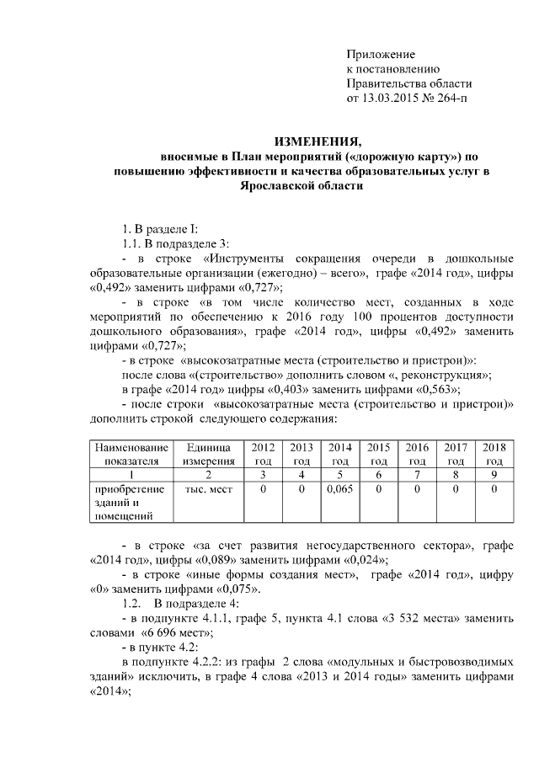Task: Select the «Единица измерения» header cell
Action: (x=205, y=454)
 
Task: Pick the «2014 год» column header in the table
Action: (x=340, y=454)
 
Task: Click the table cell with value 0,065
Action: (x=340, y=488)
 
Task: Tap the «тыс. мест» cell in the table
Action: (x=205, y=488)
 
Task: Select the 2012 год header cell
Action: (x=263, y=454)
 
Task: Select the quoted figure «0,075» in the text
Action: (x=229, y=589)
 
